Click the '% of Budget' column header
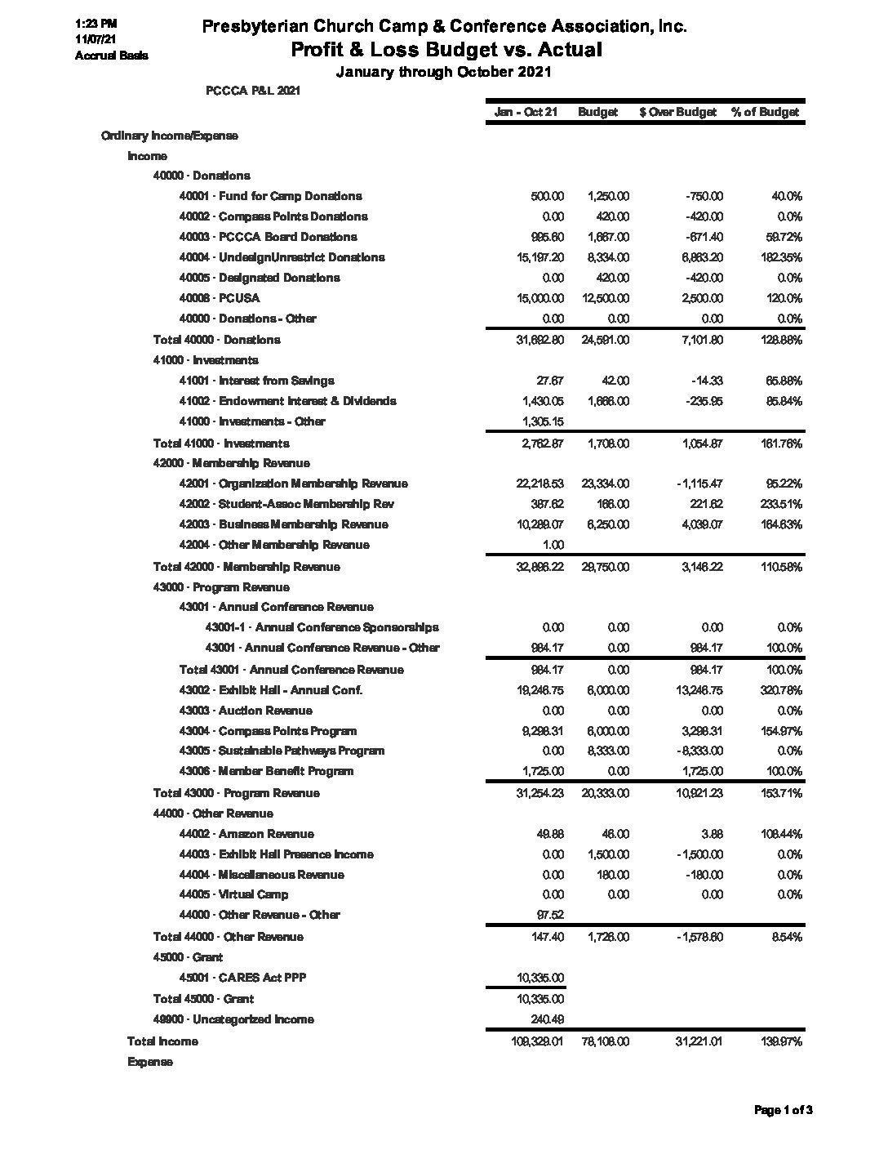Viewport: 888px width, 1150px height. point(765,112)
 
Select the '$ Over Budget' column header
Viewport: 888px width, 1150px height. point(678,112)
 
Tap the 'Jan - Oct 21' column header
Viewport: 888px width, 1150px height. point(526,112)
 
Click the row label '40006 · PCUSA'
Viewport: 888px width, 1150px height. point(220,298)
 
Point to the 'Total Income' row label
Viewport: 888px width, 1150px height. point(162,1041)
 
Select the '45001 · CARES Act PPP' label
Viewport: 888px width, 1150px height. point(242,978)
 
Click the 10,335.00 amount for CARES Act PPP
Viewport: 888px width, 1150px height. point(540,978)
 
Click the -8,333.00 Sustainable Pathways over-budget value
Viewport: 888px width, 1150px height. point(699,751)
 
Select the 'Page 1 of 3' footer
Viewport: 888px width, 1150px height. point(783,1110)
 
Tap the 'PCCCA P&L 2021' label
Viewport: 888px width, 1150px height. point(253,91)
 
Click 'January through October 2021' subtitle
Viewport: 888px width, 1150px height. point(444,72)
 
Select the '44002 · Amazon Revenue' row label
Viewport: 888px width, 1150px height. point(246,834)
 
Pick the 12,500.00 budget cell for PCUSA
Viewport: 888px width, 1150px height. point(606,298)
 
